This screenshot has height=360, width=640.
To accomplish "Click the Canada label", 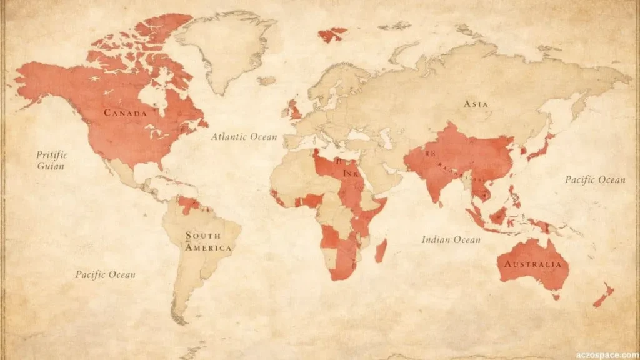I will pyautogui.click(x=126, y=113).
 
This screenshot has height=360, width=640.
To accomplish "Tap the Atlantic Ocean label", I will pyautogui.click(x=244, y=136).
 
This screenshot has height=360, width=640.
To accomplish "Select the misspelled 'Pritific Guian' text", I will pyautogui.click(x=51, y=160).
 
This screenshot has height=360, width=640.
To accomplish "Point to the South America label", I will pyautogui.click(x=207, y=241).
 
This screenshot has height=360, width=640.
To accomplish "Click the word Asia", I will pyautogui.click(x=476, y=104).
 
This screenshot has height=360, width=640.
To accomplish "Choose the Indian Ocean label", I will pyautogui.click(x=451, y=239).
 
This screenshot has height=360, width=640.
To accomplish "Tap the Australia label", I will pyautogui.click(x=532, y=264).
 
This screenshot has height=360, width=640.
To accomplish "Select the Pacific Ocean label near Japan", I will pyautogui.click(x=595, y=180).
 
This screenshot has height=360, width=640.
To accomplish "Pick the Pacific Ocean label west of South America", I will pyautogui.click(x=105, y=274).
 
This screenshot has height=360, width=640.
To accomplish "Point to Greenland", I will pyautogui.click(x=228, y=47).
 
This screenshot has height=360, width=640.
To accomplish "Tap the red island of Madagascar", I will pyautogui.click(x=381, y=251).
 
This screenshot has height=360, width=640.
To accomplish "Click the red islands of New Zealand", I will pyautogui.click(x=604, y=295).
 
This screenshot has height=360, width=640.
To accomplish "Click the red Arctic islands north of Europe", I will pyautogui.click(x=332, y=34).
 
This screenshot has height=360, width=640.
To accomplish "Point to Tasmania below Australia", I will pyautogui.click(x=555, y=297).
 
